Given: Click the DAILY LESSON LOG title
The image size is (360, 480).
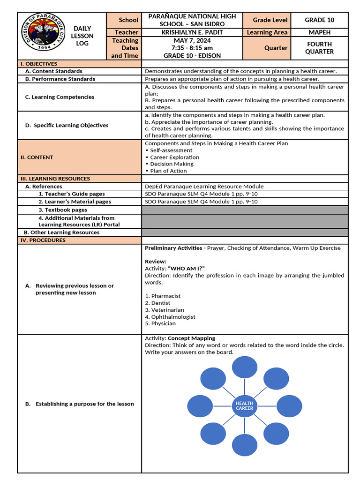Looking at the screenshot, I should tap(82, 36).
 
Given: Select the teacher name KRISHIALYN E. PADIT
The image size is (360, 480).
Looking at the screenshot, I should tap(193, 32).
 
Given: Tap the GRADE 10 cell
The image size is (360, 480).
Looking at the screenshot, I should tap(319, 20).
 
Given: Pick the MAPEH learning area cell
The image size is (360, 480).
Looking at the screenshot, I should tap(319, 32).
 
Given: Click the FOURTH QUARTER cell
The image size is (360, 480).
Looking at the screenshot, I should tap(319, 48).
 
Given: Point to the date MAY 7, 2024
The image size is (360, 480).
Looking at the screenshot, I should tap(192, 40).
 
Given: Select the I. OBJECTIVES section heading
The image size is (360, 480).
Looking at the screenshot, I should tap(38, 64).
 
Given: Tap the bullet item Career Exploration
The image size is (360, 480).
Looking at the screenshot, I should tap(174, 157).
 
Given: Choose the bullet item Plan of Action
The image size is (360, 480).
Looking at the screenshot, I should tap(168, 171).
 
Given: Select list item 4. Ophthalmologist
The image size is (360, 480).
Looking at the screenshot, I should tap(170, 317).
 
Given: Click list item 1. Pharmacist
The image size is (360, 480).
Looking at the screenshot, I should tap(163, 296).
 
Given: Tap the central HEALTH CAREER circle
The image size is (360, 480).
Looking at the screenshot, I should tap(244, 406).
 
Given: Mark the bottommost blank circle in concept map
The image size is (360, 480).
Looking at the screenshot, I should tap(244, 445).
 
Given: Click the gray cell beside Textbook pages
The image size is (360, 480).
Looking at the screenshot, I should tap(245, 210).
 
